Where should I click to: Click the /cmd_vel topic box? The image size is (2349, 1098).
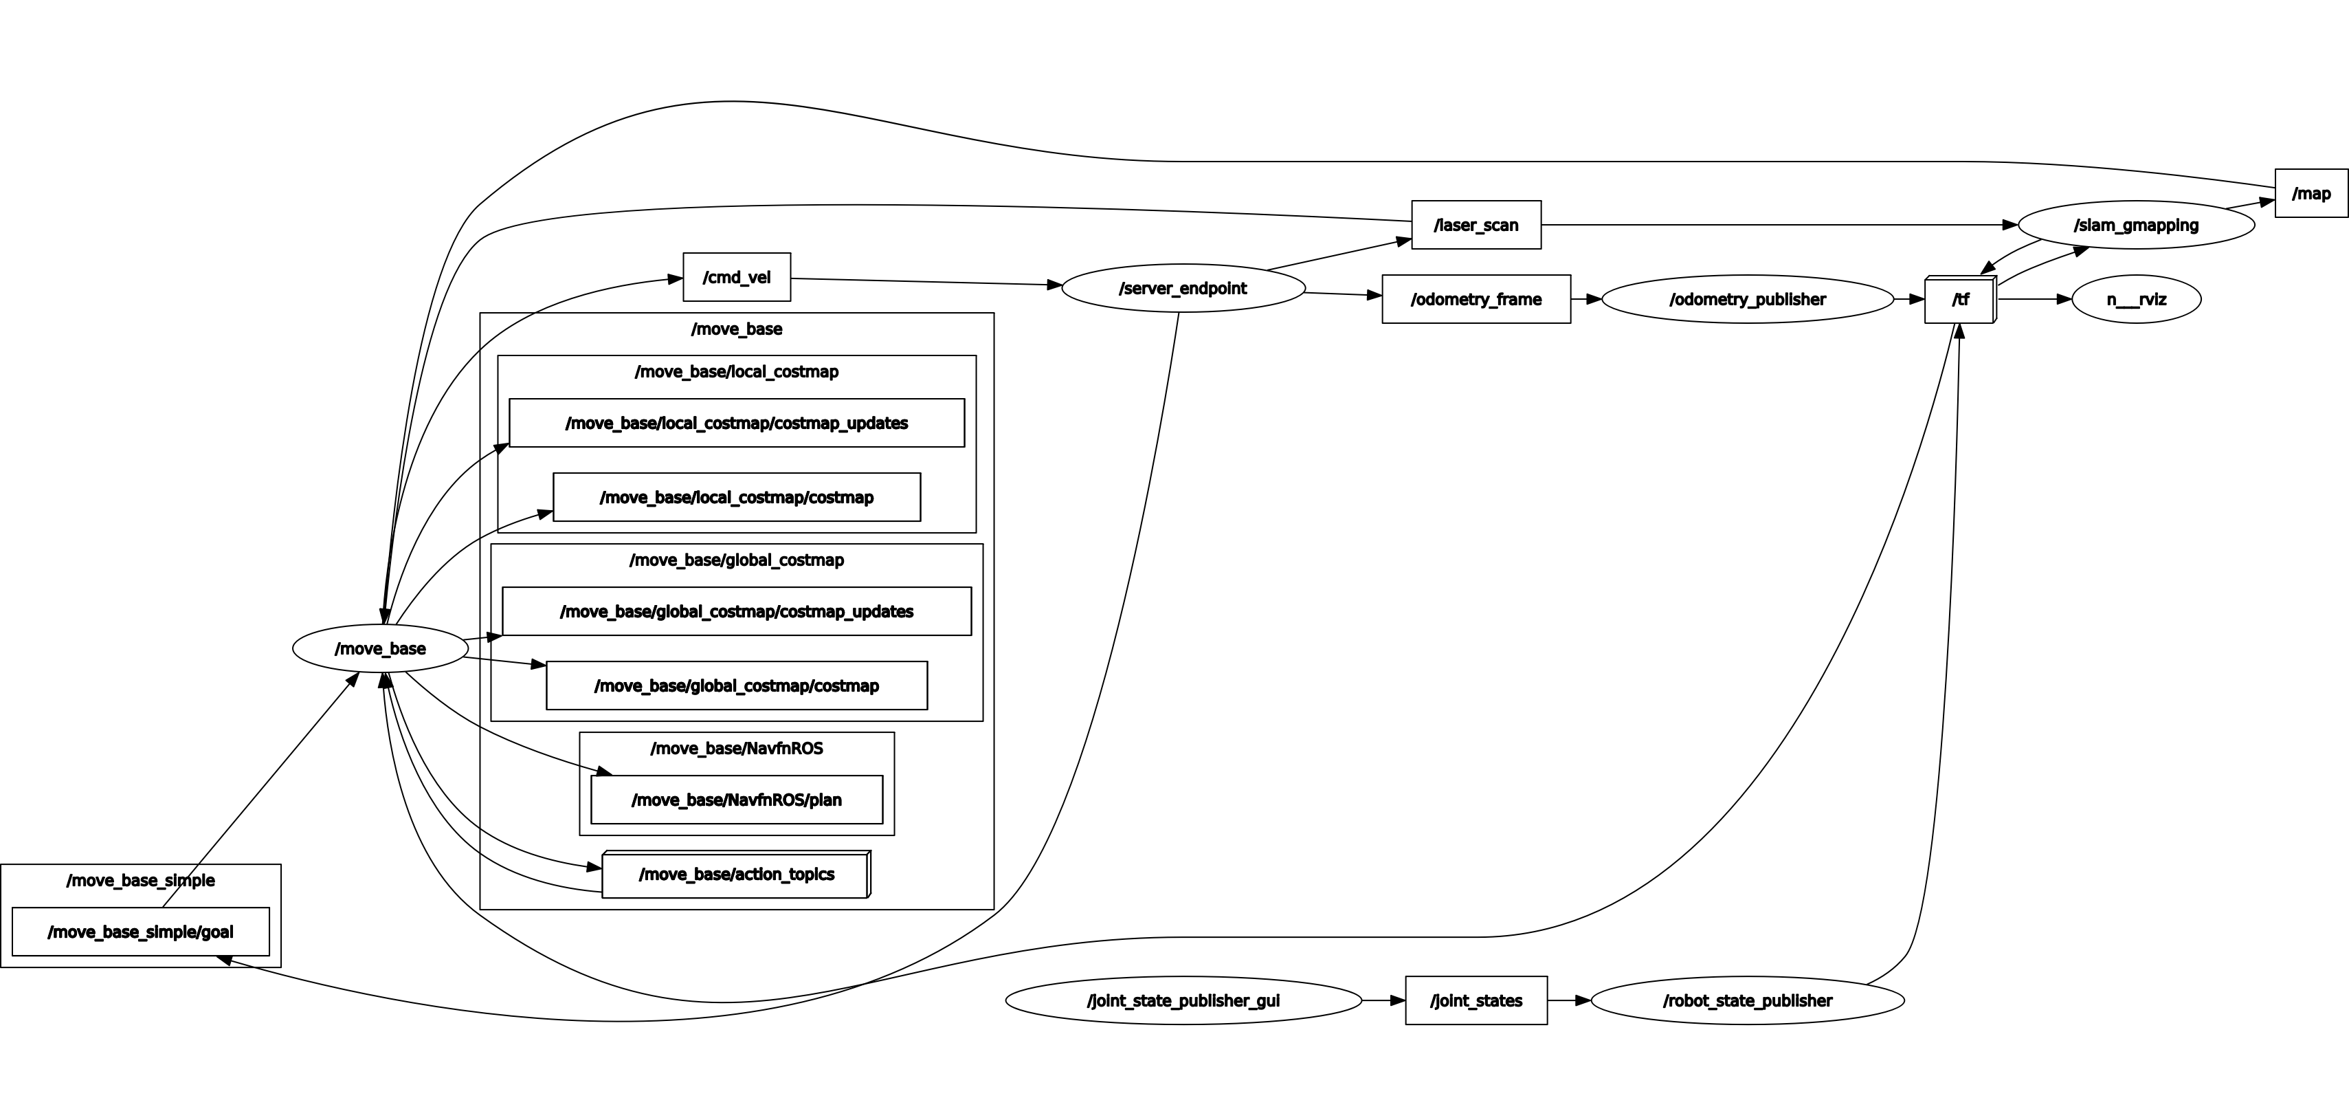click(737, 277)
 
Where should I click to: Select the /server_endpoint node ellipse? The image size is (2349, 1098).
click(1183, 288)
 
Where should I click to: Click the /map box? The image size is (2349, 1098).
click(2311, 193)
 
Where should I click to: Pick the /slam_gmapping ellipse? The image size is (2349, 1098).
click(2136, 226)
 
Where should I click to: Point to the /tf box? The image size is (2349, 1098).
click(1959, 300)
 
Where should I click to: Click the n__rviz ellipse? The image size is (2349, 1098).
click(2136, 299)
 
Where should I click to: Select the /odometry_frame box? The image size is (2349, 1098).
click(1476, 299)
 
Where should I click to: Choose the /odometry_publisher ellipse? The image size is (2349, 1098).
click(1747, 299)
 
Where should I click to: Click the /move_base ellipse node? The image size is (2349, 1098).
click(380, 648)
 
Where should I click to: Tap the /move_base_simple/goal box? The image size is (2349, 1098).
click(140, 932)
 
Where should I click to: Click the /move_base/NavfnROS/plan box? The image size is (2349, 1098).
click(737, 800)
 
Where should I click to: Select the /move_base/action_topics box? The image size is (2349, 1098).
click(735, 875)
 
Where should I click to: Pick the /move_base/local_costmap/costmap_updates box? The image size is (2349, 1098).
click(737, 423)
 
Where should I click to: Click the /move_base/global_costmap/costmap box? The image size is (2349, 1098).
click(737, 685)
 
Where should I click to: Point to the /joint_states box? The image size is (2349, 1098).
click(1476, 1000)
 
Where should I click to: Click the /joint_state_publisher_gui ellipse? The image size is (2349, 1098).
click(1183, 1000)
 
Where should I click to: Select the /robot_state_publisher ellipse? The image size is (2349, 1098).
click(1747, 1000)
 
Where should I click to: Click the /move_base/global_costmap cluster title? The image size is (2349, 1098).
click(737, 560)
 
